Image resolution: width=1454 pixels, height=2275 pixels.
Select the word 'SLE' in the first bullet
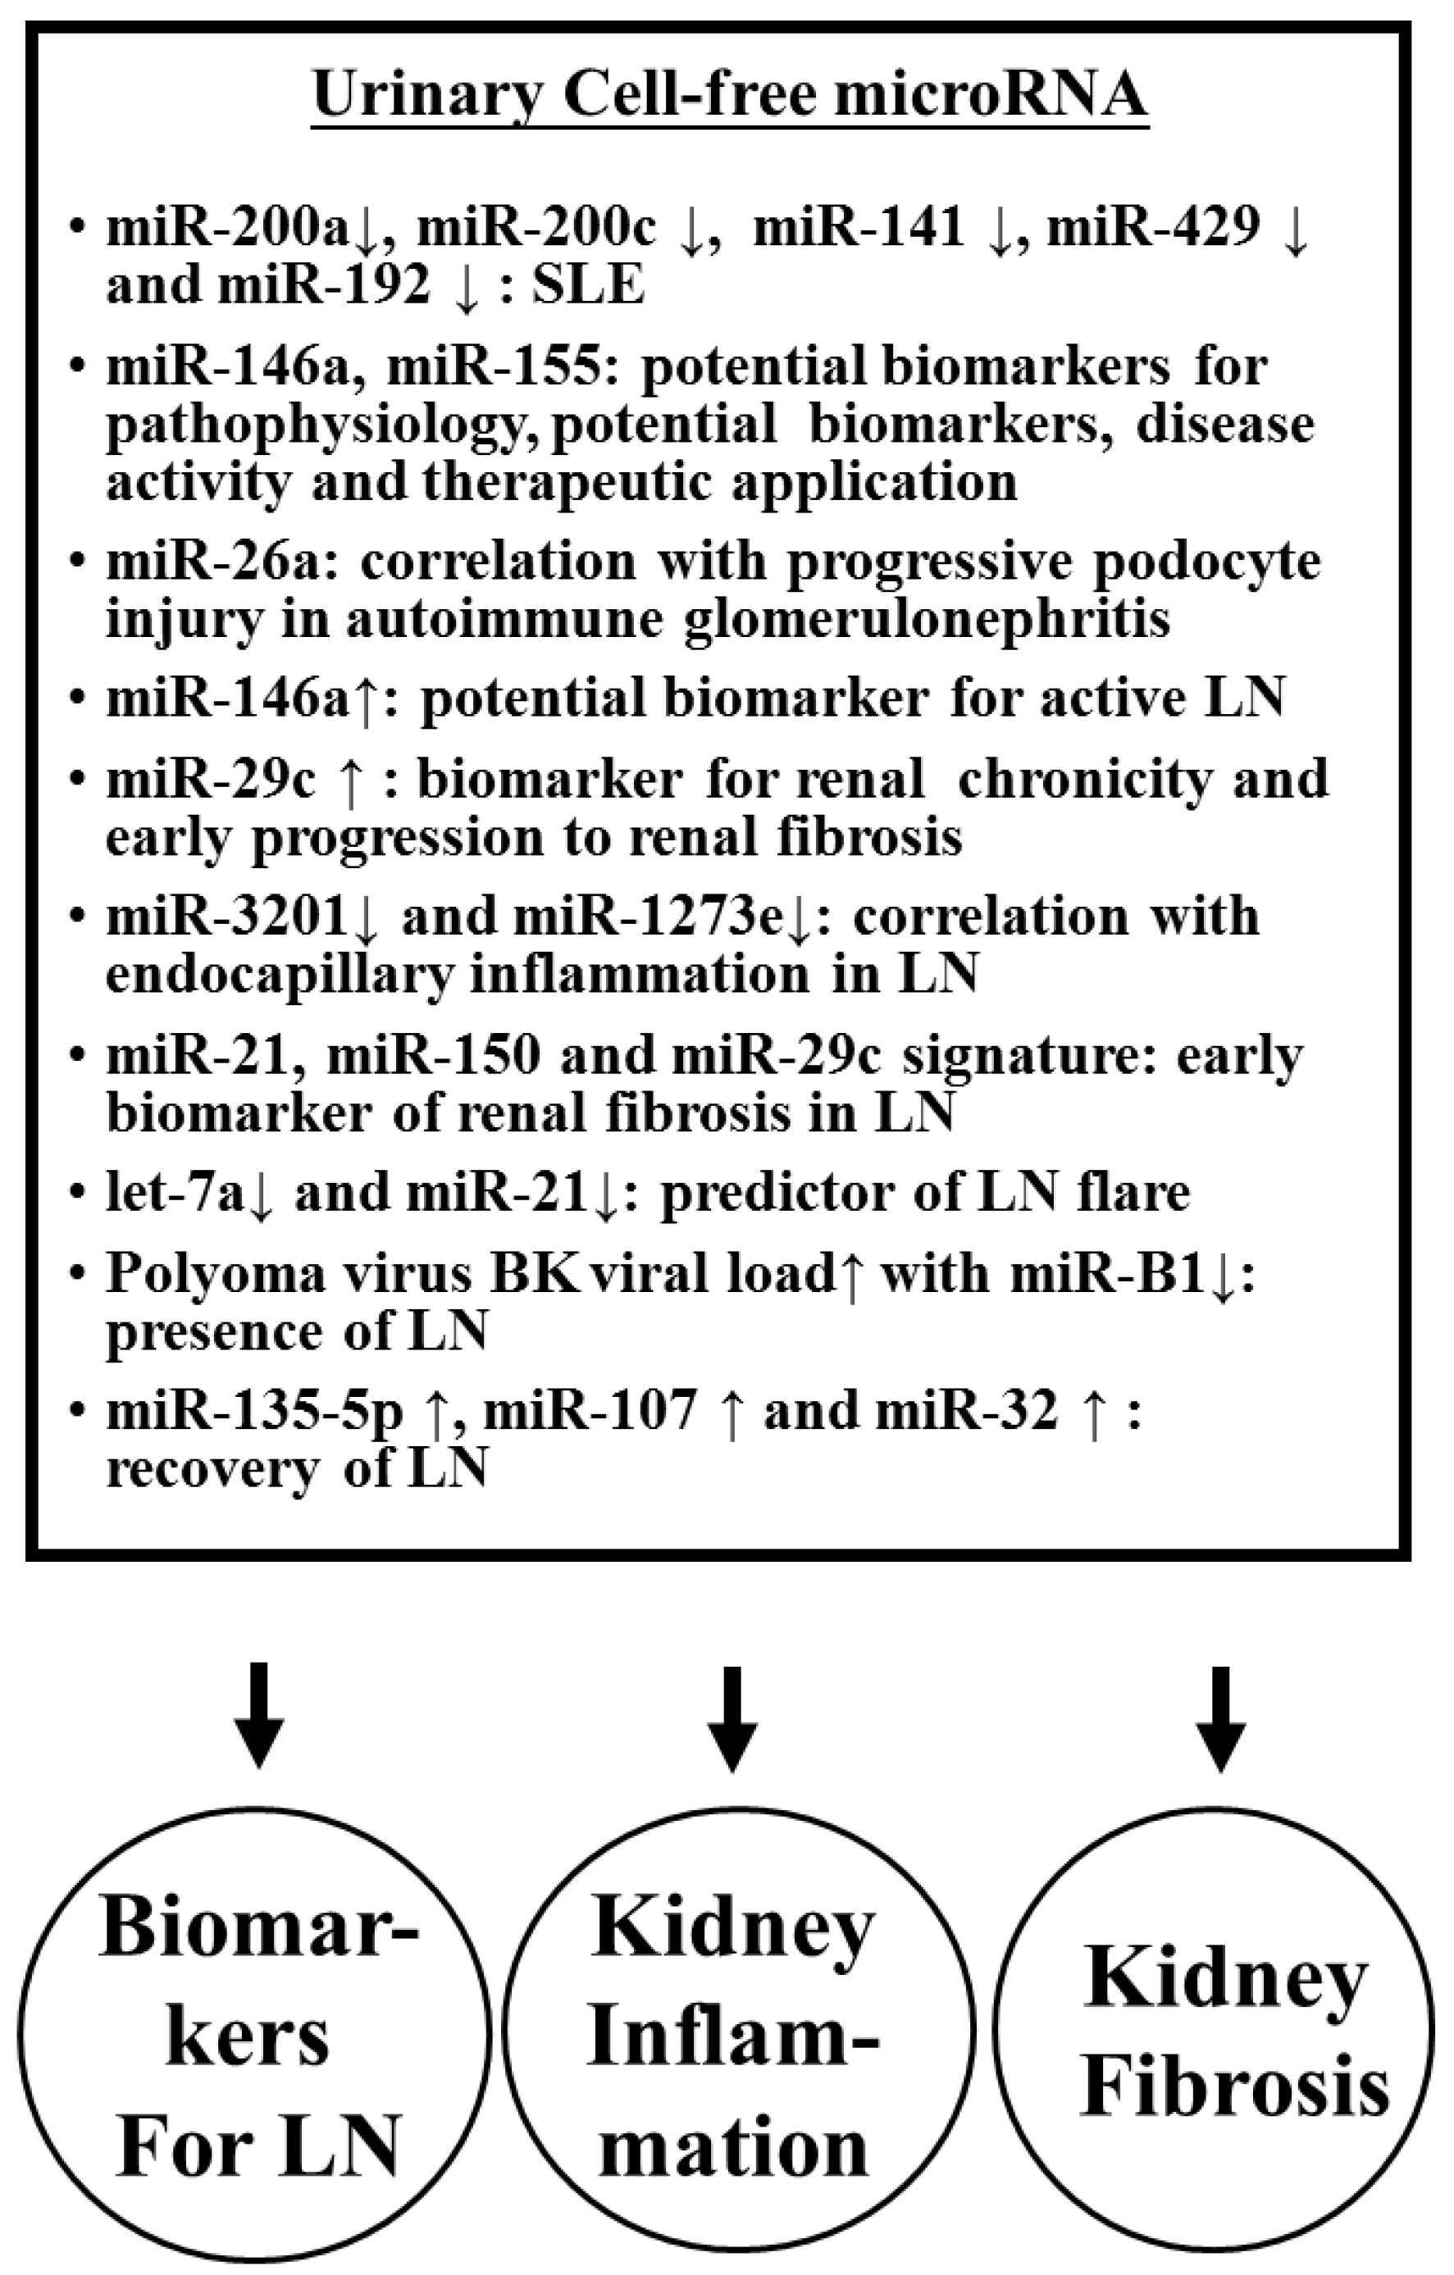[x=588, y=285]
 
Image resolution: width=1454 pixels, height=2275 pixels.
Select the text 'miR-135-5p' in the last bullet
[x=253, y=1412]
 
